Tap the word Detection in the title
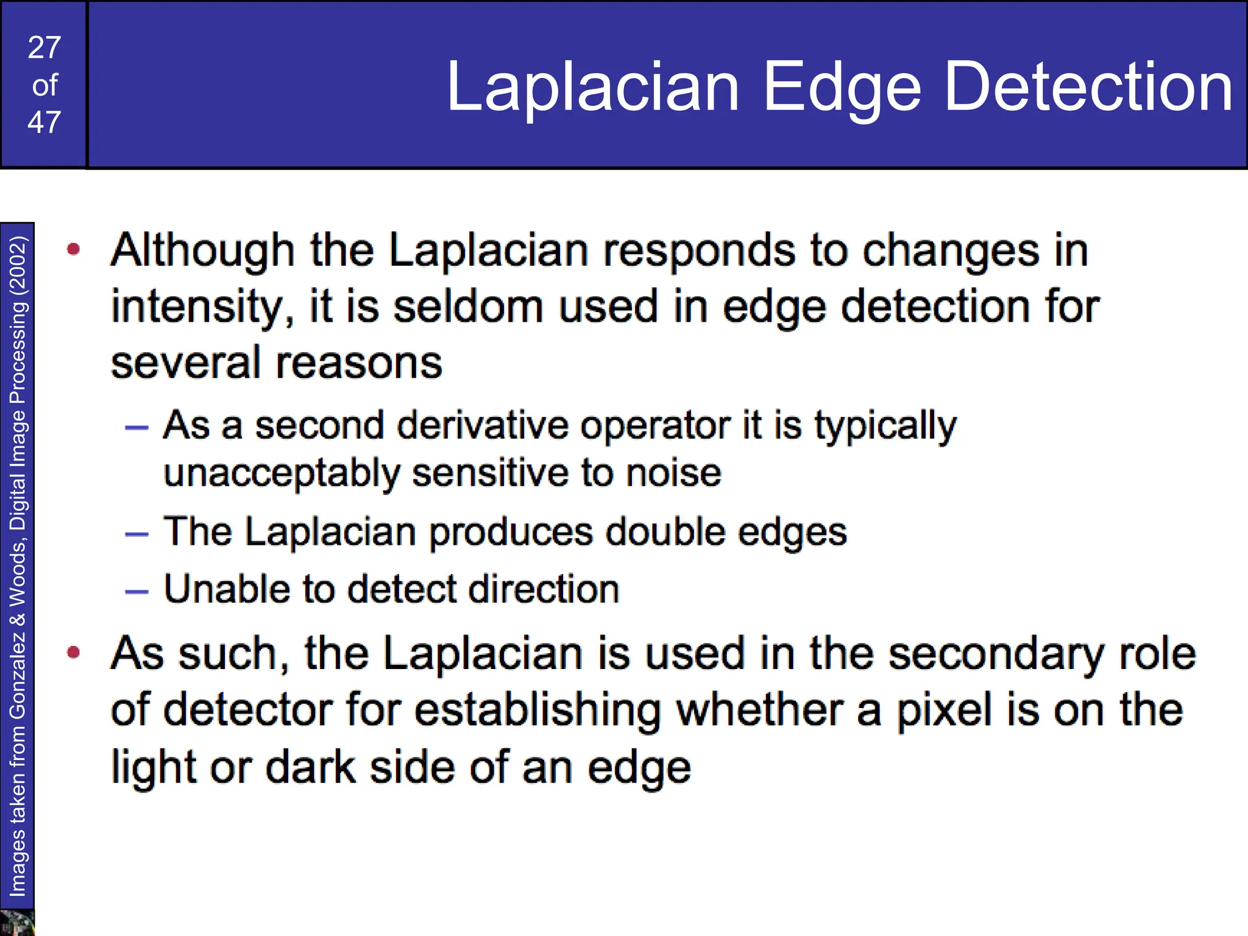tap(1088, 87)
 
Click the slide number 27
tap(44, 48)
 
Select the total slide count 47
tap(44, 122)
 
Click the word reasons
tap(360, 363)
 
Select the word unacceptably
tap(282, 473)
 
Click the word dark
tap(311, 767)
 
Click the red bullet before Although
tap(74, 249)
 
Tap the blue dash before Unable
tap(136, 591)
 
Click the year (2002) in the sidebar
tap(18, 266)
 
